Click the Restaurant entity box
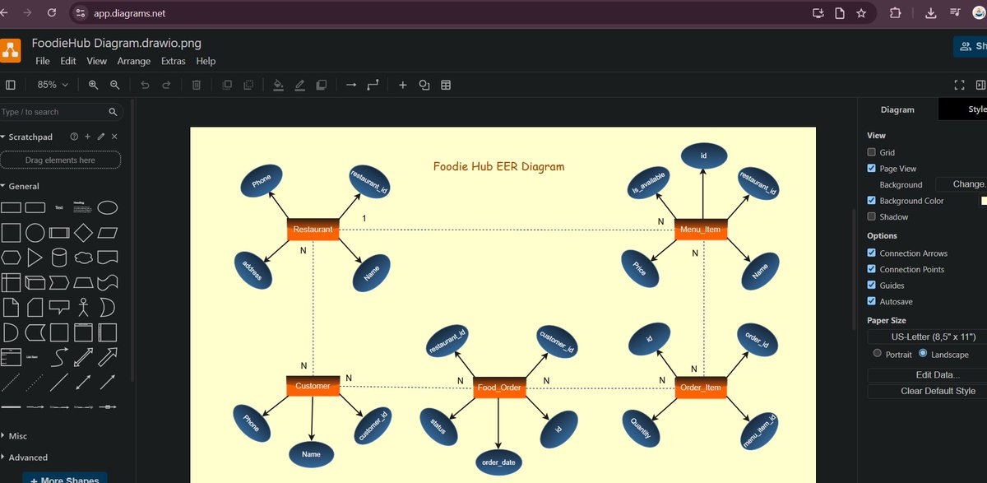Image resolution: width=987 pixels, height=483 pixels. [313, 230]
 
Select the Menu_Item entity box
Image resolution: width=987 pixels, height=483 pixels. [701, 230]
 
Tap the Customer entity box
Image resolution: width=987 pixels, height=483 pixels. [313, 386]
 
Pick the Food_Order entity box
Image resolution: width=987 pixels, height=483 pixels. [499, 388]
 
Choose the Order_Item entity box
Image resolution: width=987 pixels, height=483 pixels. [701, 388]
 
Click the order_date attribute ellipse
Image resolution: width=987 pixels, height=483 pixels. [498, 462]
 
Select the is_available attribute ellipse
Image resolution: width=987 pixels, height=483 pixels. [650, 182]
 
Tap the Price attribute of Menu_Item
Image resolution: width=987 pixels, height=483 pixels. [640, 269]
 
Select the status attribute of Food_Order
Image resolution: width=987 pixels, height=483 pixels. [438, 427]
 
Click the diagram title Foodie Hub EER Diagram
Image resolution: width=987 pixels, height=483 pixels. [498, 167]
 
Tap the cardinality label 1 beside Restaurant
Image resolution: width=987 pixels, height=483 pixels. [364, 218]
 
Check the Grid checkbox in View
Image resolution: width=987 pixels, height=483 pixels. [872, 152]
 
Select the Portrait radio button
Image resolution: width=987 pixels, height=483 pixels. [878, 354]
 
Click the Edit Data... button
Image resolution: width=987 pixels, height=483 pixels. [926, 375]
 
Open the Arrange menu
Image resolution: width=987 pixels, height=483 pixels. [133, 61]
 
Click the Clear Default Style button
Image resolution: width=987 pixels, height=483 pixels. [926, 391]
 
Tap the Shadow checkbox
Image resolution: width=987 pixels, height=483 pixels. [872, 216]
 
